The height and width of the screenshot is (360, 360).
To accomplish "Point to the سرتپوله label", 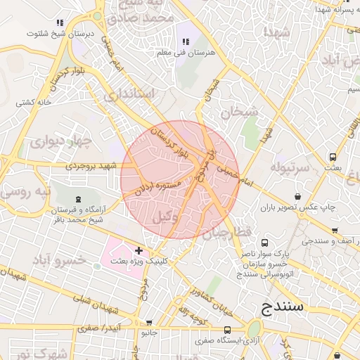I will coord(290,169).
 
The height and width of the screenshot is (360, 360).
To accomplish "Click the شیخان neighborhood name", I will coord(240,111).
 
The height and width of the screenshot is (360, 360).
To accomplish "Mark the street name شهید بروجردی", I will coord(89,166).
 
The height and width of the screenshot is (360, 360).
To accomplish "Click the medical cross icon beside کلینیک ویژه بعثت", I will coord(139,250).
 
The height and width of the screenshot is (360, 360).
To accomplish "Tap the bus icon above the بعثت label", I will coord(333,157).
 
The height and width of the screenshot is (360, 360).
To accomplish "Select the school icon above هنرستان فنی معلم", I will coord(186,42).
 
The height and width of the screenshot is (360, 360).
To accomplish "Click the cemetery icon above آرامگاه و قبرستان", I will coord(77,199).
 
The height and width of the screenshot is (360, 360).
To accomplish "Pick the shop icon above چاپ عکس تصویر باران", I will coord(299,196).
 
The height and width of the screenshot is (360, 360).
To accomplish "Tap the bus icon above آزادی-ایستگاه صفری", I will coord(226,329).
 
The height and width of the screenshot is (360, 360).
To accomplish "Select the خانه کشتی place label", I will coord(36,103).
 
